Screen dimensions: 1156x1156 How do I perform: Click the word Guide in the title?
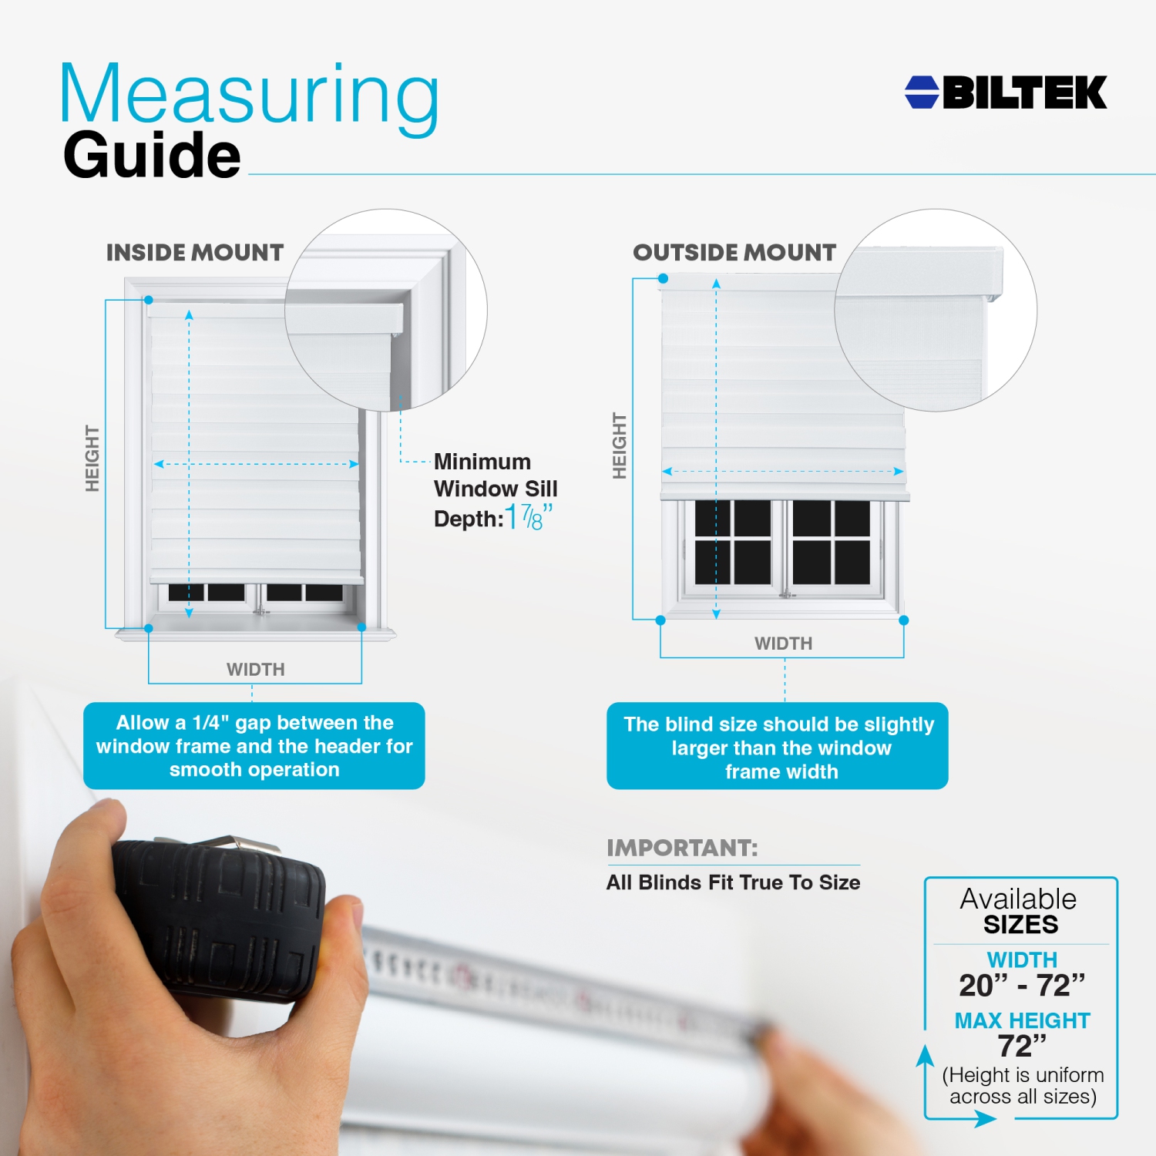tap(152, 155)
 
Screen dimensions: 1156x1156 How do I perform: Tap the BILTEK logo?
tap(1006, 92)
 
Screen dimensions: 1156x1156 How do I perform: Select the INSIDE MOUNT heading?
tap(195, 252)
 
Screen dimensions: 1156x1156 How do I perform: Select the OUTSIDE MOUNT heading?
tap(734, 252)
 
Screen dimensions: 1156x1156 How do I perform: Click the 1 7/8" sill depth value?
tap(529, 517)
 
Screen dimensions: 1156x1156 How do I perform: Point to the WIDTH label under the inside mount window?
tap(256, 670)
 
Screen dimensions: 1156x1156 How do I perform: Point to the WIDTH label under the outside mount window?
tap(783, 644)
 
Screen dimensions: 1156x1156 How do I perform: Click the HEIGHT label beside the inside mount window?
tap(92, 458)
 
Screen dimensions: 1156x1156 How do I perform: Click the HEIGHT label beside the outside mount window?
tap(620, 445)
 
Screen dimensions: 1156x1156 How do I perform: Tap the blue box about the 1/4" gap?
tap(254, 745)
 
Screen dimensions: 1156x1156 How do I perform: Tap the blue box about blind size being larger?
tap(778, 745)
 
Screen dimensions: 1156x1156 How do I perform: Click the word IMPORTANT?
tap(682, 848)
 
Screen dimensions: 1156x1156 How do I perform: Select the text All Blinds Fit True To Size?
tap(733, 882)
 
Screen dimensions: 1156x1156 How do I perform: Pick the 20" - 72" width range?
tap(1022, 985)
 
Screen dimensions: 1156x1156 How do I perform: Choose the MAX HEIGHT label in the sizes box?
tap(1022, 1020)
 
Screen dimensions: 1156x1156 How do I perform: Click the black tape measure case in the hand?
tap(220, 917)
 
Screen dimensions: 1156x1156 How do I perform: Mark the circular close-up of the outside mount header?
tap(936, 310)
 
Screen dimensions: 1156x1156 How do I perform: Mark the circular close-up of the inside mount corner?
tap(386, 310)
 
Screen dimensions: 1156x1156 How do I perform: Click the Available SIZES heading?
tap(1019, 911)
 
